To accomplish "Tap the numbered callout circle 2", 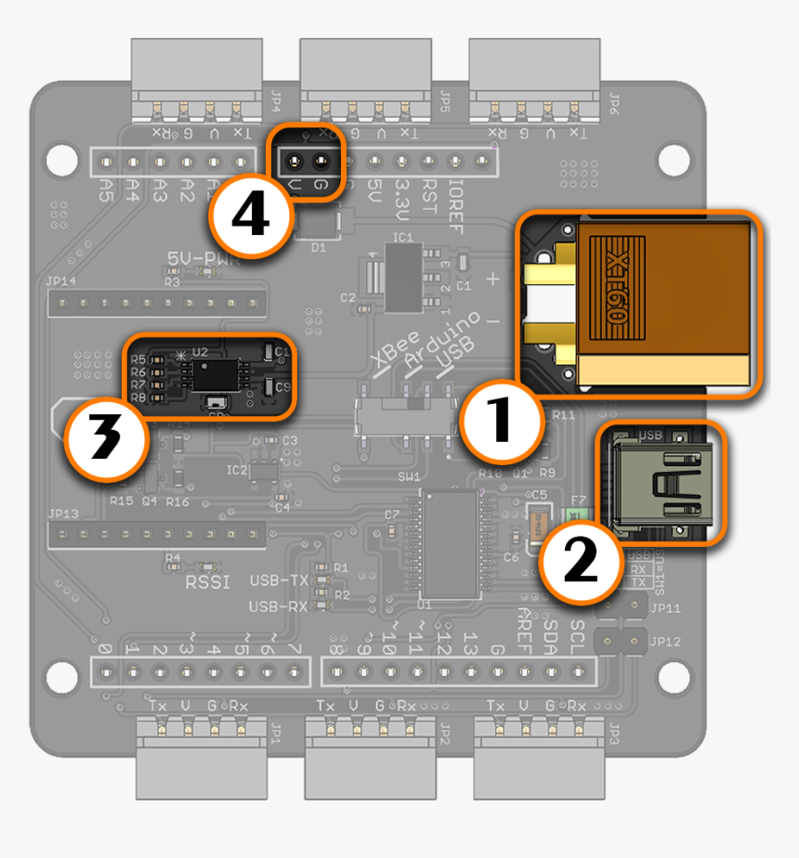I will pos(583,561).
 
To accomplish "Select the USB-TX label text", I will pos(279,580).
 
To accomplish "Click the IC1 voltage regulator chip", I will pos(402,278).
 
